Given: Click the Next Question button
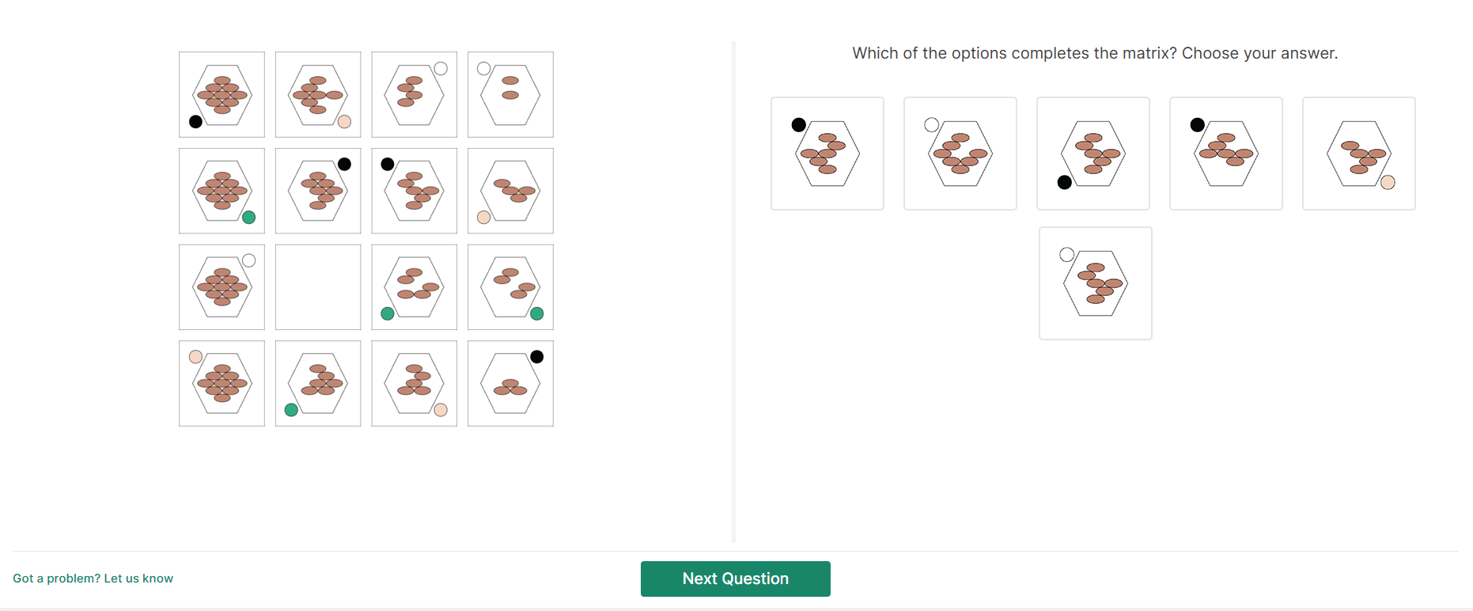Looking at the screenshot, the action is [x=735, y=579].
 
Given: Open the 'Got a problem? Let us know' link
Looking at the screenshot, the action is [x=93, y=579].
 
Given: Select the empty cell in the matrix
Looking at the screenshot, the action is [x=318, y=287].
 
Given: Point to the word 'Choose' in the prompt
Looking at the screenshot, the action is [x=1208, y=53].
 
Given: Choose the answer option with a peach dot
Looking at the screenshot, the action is [x=1359, y=154].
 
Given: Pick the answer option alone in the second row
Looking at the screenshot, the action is [x=1096, y=283].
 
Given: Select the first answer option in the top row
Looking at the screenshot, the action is [x=827, y=154].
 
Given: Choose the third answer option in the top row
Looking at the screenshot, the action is [x=1093, y=154].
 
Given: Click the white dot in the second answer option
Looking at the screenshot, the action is [x=932, y=125].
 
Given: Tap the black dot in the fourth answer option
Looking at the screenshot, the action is [x=1198, y=125].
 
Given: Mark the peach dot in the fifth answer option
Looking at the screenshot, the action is [x=1388, y=183].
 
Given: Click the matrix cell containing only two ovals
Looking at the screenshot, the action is [x=510, y=95].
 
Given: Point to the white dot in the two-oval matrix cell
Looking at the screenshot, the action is [x=484, y=69].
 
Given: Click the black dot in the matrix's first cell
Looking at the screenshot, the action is [x=195, y=121].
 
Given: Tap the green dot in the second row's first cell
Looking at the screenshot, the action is [x=248, y=218].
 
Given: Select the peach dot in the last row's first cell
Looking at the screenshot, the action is [x=195, y=357].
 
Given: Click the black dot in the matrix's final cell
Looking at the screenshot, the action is [x=536, y=357].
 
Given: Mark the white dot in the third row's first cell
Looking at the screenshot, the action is [x=248, y=260].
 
